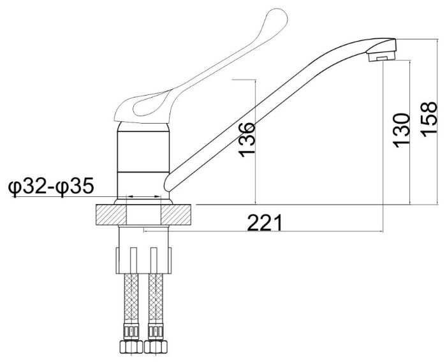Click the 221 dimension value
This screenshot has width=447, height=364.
pos(265,222)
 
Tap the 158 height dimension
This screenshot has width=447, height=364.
pos(429,119)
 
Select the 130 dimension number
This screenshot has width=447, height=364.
pos(401,130)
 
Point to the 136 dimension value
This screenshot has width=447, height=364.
pos(246,140)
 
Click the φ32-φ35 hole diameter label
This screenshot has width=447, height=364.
pos(51,187)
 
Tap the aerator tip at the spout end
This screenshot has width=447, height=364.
pos(382,55)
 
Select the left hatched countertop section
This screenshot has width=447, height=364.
pos(111,215)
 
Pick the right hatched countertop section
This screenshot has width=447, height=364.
pos(176,215)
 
